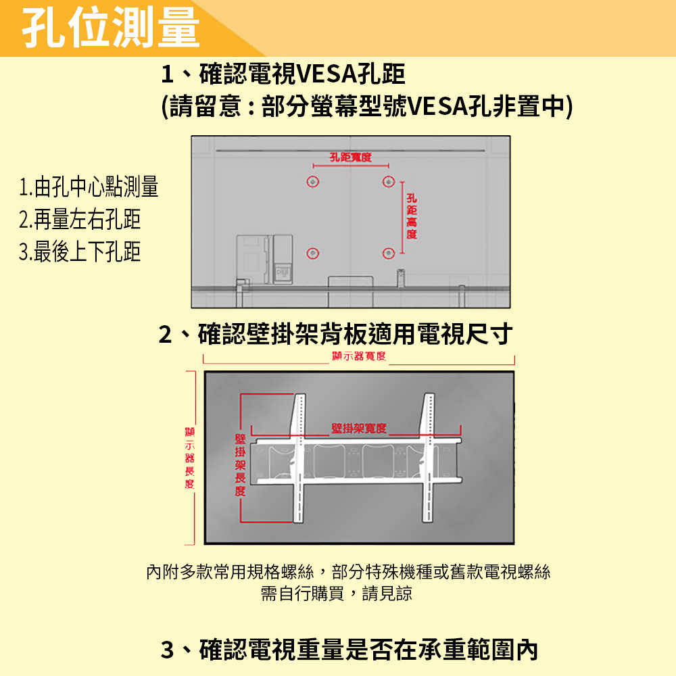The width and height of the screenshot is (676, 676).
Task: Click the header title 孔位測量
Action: [112, 28]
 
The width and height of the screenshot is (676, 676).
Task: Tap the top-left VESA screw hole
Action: [312, 182]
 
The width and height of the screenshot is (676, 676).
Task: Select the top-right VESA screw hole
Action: [388, 182]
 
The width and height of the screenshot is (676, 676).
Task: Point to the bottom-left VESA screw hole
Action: [312, 253]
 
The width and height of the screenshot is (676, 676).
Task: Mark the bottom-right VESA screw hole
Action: [388, 253]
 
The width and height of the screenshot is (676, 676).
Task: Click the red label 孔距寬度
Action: [351, 158]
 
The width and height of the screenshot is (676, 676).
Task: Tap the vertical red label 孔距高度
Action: [412, 216]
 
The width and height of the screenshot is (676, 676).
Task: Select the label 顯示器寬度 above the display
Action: [358, 356]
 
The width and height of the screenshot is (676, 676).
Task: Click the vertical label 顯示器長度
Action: [189, 457]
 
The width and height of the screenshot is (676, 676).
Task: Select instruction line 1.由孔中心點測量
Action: [89, 187]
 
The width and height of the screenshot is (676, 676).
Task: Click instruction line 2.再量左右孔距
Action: [80, 219]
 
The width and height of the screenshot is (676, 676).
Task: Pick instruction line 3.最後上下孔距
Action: [80, 251]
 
